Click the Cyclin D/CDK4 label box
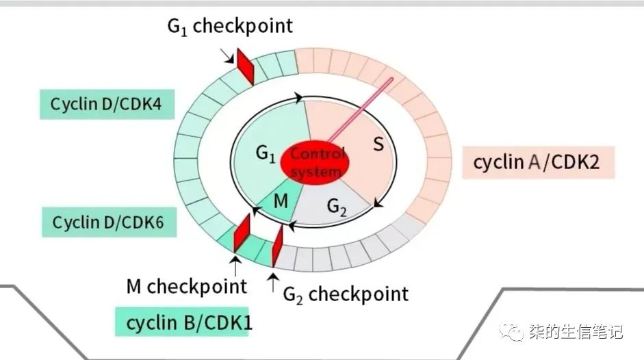point(107,105)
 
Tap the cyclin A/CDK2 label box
point(537,164)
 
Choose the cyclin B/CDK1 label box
point(183,321)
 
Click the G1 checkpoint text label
point(230,27)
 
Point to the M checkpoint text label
point(186,285)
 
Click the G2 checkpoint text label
point(346,294)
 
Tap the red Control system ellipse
point(317,163)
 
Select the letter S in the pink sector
point(378,144)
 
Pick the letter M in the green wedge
point(281,201)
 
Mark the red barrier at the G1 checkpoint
point(245,66)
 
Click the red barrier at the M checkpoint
point(241,234)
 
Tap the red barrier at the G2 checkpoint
point(277,246)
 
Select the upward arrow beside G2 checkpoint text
point(273,281)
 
